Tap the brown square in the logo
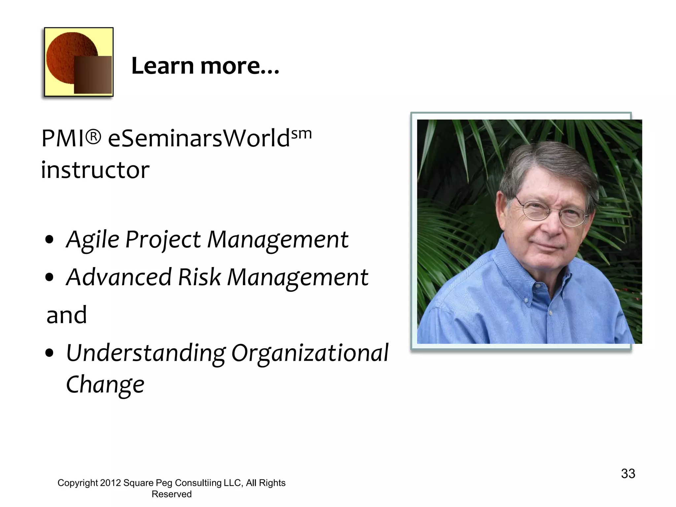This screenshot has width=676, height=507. (x=93, y=75)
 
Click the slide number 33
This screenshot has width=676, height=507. (x=628, y=474)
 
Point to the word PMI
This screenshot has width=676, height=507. (x=63, y=138)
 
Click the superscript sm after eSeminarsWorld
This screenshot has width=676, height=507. (x=301, y=134)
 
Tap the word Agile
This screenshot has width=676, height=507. (x=93, y=239)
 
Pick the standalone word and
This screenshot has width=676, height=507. (x=67, y=315)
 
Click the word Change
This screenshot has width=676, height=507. (x=105, y=385)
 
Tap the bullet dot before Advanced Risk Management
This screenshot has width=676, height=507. (x=50, y=278)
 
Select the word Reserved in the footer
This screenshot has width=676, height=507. (x=171, y=494)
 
